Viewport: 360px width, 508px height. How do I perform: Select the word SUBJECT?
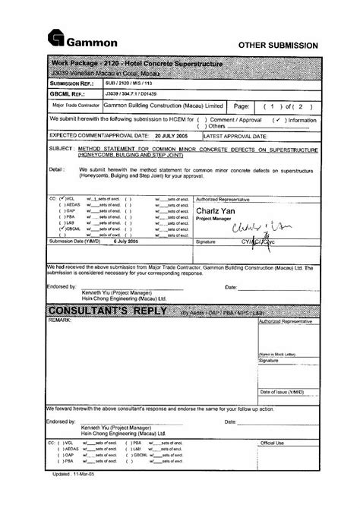(x=62, y=150)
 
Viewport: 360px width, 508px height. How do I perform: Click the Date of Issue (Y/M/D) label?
(x=282, y=392)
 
